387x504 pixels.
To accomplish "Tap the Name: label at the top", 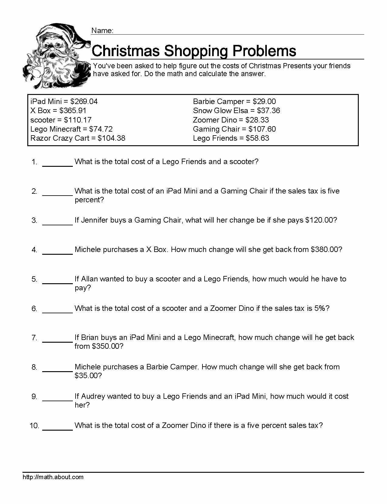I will click(102, 31).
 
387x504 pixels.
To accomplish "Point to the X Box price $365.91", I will click(73, 111).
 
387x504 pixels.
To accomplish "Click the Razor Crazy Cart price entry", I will click(78, 138).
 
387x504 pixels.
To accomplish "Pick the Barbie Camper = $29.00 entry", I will click(234, 102).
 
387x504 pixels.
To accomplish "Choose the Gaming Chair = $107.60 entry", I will click(234, 129).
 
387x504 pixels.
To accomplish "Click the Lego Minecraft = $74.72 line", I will click(71, 129).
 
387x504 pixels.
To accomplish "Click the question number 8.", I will click(34, 367).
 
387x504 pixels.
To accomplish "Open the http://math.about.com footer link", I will click(53, 477).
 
